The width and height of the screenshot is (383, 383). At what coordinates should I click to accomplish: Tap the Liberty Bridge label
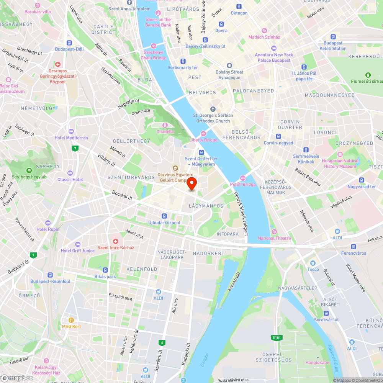click(203, 140)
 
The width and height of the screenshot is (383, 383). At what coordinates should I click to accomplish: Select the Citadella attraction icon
click(165, 125)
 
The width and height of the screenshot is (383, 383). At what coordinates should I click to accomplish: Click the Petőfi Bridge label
click(243, 184)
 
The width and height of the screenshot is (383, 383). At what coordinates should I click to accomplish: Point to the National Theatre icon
click(274, 232)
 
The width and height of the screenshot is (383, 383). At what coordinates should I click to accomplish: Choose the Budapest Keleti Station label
click(332, 46)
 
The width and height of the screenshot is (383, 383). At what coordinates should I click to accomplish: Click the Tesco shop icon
click(313, 263)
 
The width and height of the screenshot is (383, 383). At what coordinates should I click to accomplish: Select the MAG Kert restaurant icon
click(71, 320)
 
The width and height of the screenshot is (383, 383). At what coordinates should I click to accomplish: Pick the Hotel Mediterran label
click(71, 138)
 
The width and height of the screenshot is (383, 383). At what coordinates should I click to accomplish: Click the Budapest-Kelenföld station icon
click(50, 275)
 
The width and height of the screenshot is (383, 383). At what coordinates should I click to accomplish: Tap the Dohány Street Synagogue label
click(229, 75)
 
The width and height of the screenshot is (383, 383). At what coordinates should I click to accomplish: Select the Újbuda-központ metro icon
click(164, 216)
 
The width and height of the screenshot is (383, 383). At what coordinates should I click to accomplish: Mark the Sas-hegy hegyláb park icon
click(29, 170)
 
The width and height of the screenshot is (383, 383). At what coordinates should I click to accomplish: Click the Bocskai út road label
click(122, 195)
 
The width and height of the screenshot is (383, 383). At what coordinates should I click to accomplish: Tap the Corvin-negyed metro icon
click(278, 136)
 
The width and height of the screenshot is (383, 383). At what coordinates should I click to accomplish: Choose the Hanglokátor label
click(318, 362)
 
